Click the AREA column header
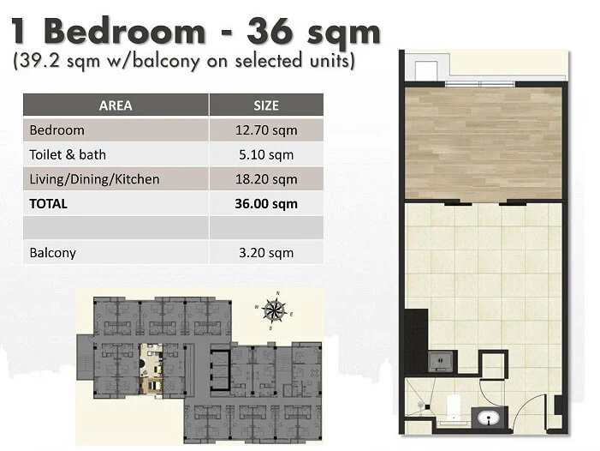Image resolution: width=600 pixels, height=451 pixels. click(116, 105)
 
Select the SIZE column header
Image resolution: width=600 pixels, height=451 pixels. click(266, 105)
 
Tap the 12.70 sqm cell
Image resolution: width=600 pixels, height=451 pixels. click(266, 130)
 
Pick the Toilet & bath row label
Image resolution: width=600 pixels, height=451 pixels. click(68, 155)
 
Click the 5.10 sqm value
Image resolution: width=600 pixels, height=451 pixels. click(266, 155)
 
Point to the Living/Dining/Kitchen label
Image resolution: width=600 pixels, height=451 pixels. click(94, 179)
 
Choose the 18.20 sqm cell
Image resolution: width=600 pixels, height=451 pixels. click(266, 179)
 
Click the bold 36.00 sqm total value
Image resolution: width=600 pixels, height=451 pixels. click(266, 204)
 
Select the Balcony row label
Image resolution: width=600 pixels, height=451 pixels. click(53, 253)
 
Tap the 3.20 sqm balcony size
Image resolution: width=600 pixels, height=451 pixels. click(266, 253)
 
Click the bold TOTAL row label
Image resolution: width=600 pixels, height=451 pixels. click(48, 204)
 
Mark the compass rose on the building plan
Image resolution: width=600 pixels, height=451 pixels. click(275, 310)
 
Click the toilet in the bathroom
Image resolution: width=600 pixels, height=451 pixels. click(454, 407)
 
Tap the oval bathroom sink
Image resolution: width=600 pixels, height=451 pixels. click(489, 418)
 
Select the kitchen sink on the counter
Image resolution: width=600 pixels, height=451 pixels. click(440, 361)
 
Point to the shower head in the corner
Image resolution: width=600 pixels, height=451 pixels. click(423, 406)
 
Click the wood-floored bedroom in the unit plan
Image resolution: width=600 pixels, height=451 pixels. click(484, 143)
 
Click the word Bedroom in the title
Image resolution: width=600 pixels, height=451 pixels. click(125, 32)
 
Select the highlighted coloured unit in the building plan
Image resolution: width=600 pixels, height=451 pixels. click(151, 369)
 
